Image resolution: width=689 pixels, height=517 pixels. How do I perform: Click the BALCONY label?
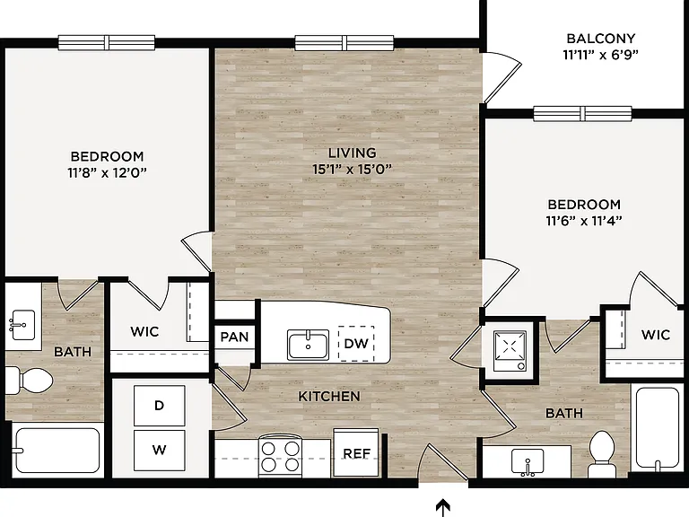[601, 39]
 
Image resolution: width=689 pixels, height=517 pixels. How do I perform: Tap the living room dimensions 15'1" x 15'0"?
[352, 169]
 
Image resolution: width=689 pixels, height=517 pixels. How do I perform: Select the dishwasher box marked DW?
[356, 344]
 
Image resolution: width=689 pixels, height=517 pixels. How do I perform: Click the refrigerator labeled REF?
[356, 452]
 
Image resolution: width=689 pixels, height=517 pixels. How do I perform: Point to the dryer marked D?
[159, 406]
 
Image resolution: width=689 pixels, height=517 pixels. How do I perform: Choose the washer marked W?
[159, 450]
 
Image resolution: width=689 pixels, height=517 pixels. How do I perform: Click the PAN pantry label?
[235, 337]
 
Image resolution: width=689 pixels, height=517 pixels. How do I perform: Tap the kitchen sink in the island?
[308, 345]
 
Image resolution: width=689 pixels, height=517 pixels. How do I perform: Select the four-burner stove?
[280, 455]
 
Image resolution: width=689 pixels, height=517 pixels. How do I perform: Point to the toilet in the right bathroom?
[602, 453]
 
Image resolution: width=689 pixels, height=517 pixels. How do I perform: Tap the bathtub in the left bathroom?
[57, 451]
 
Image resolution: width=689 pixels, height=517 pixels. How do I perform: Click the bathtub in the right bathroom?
[658, 427]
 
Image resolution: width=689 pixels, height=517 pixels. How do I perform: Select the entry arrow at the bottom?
[443, 507]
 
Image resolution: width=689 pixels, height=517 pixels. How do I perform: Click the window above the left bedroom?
[107, 43]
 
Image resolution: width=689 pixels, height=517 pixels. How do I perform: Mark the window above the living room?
[344, 43]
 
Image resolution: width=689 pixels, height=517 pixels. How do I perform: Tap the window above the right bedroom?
[582, 113]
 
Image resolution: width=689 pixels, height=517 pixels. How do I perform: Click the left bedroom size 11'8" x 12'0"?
[107, 172]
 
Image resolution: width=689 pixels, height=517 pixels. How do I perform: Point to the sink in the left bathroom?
[22, 325]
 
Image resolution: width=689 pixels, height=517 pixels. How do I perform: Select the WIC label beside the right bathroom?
[655, 335]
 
